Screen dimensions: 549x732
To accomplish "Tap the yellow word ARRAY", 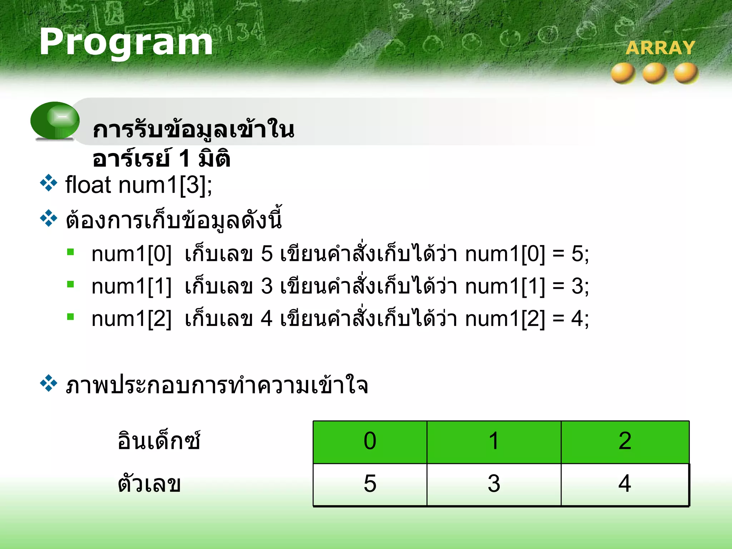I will click(660, 48).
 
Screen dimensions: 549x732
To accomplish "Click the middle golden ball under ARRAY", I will click(655, 73).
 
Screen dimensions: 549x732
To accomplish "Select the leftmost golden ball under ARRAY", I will click(623, 73).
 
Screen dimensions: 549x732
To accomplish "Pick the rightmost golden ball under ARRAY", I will click(686, 73).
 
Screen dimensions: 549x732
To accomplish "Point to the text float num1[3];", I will click(139, 185).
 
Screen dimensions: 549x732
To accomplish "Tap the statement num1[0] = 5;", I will click(527, 254).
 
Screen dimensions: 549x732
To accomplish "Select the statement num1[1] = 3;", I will click(527, 286).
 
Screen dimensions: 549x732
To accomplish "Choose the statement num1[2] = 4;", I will click(527, 318).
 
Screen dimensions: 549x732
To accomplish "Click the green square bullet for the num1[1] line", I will click(70, 285).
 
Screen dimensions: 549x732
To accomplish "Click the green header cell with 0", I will click(370, 442).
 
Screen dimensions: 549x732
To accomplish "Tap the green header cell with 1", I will click(494, 442).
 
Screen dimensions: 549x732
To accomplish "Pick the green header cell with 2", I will click(625, 442).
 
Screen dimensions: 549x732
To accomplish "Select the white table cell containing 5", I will click(370, 484).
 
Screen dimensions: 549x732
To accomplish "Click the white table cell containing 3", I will click(494, 484).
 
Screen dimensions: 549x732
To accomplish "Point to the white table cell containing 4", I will click(625, 484).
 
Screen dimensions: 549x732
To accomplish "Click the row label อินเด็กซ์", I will click(159, 440).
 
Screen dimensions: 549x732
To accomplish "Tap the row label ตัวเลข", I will click(149, 484).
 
